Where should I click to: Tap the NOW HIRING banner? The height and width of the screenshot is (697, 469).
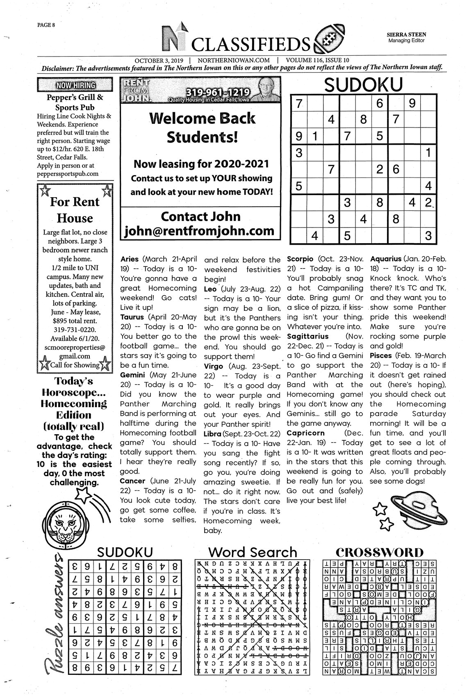coord(75,85)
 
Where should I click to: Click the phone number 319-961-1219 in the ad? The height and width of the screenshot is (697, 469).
coord(209,92)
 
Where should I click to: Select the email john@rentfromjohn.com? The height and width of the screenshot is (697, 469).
coord(200,230)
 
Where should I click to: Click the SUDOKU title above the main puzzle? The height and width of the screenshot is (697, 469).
coord(363,85)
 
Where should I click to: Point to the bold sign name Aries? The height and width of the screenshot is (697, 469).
coord(130,259)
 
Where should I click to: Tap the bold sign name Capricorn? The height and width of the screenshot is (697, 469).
coord(305,433)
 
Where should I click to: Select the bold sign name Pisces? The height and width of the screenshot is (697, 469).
coord(381,355)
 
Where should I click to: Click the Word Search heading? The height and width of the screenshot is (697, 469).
coord(252,552)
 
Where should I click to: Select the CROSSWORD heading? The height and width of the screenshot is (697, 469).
coord(379,552)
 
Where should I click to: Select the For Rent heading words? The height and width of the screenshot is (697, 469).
coord(75,202)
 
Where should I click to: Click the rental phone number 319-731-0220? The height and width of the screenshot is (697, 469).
coord(75,330)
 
